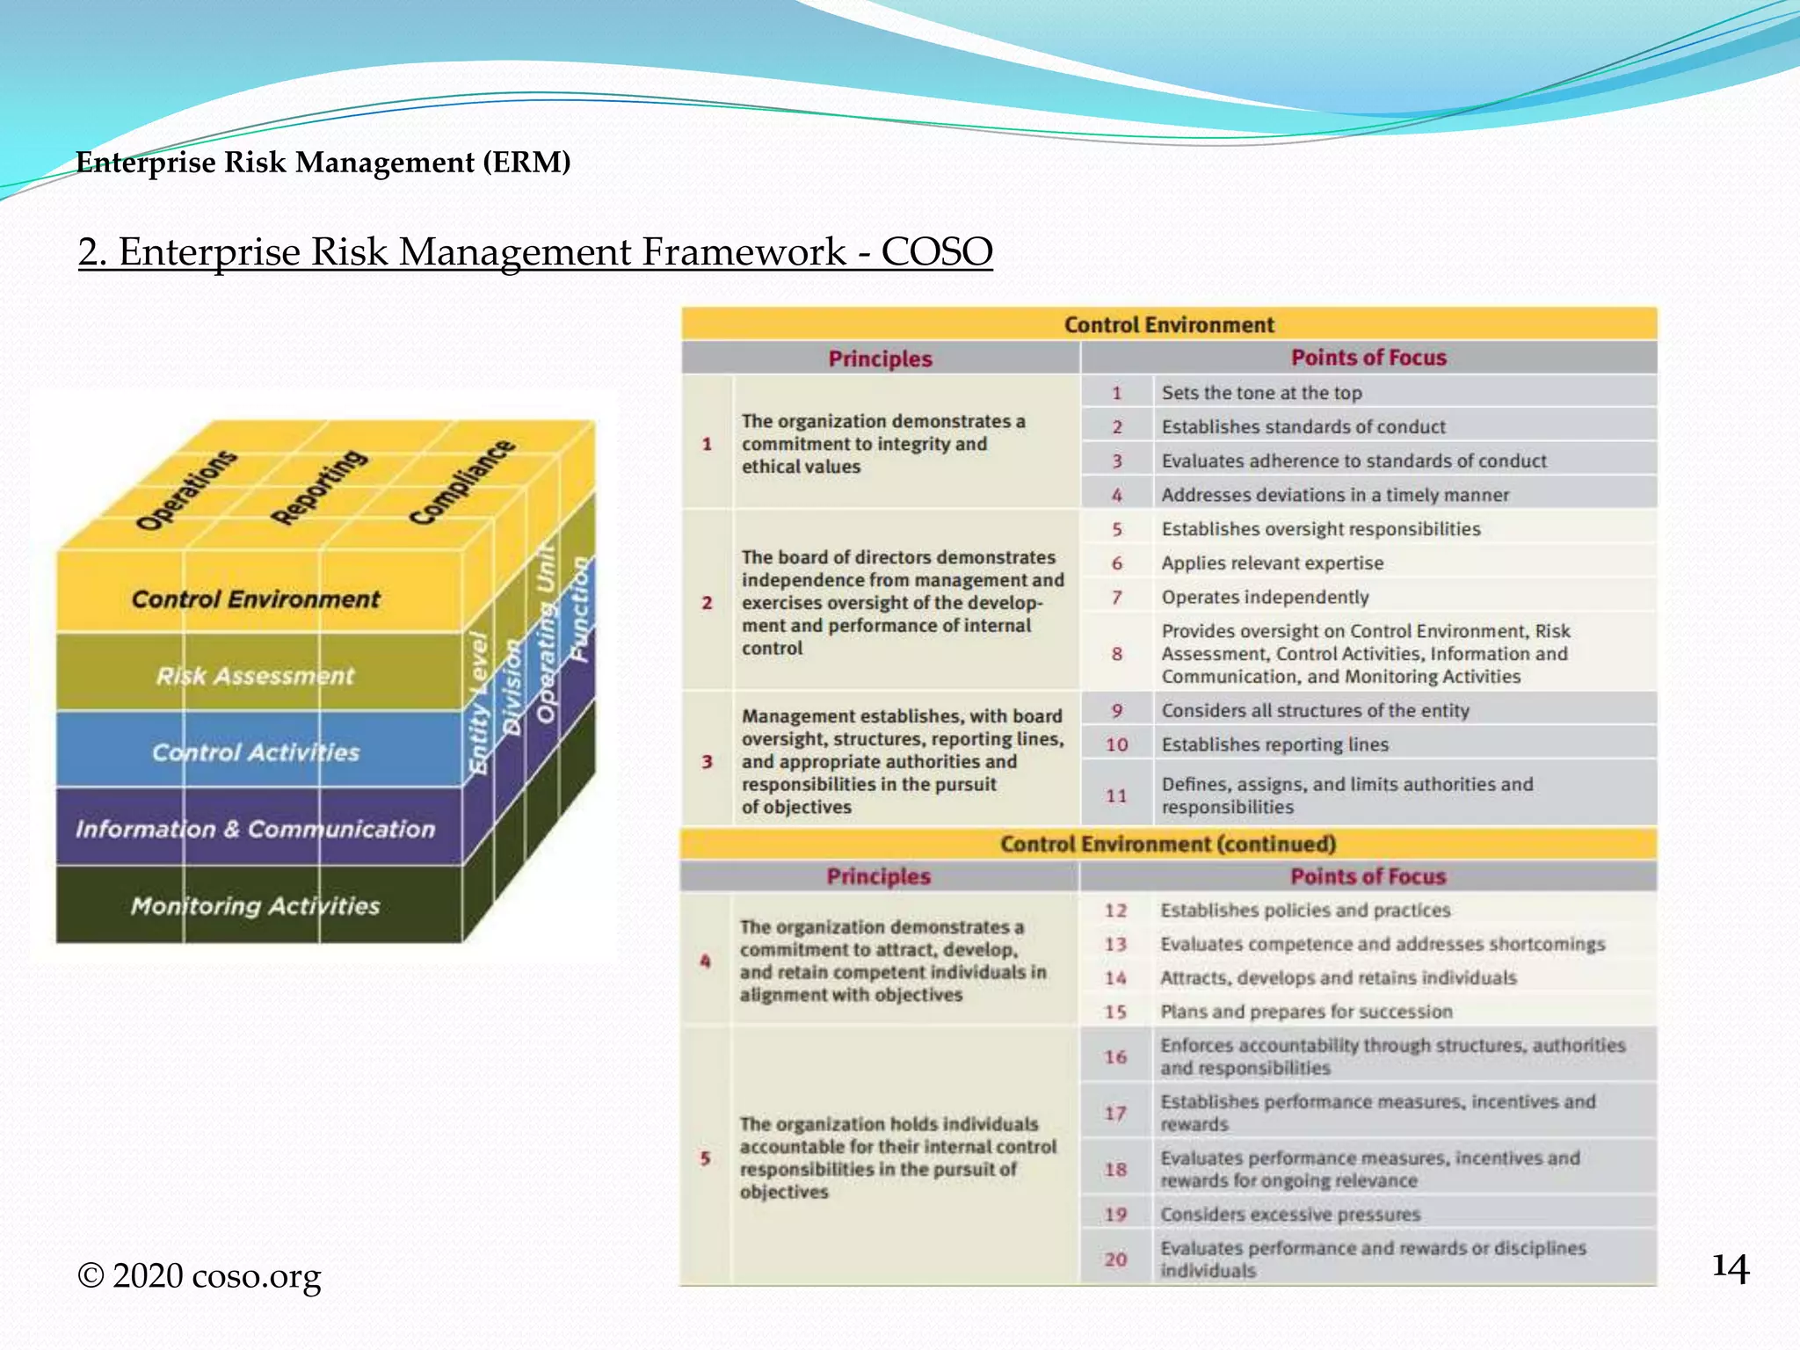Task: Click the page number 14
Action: coord(1731,1268)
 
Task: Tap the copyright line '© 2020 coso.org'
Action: coord(200,1275)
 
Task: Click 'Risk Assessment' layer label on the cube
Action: coord(255,676)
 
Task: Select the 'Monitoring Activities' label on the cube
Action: coord(255,906)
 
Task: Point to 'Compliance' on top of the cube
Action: coord(462,482)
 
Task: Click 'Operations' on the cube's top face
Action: coord(186,490)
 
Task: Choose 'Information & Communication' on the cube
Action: coord(255,829)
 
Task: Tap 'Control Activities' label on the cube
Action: coord(255,752)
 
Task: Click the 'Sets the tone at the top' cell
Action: coord(1261,393)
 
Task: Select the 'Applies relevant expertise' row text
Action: coord(1272,563)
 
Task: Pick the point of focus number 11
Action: coord(1116,795)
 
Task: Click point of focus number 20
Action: coord(1115,1259)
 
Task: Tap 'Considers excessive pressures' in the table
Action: coord(1289,1215)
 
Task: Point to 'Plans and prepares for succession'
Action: coord(1305,1012)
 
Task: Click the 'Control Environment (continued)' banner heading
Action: coord(1167,845)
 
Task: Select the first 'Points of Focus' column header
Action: coord(1368,358)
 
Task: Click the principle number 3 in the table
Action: coord(707,761)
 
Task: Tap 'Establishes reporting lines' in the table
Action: coord(1274,744)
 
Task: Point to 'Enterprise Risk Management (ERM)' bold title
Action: coord(323,163)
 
